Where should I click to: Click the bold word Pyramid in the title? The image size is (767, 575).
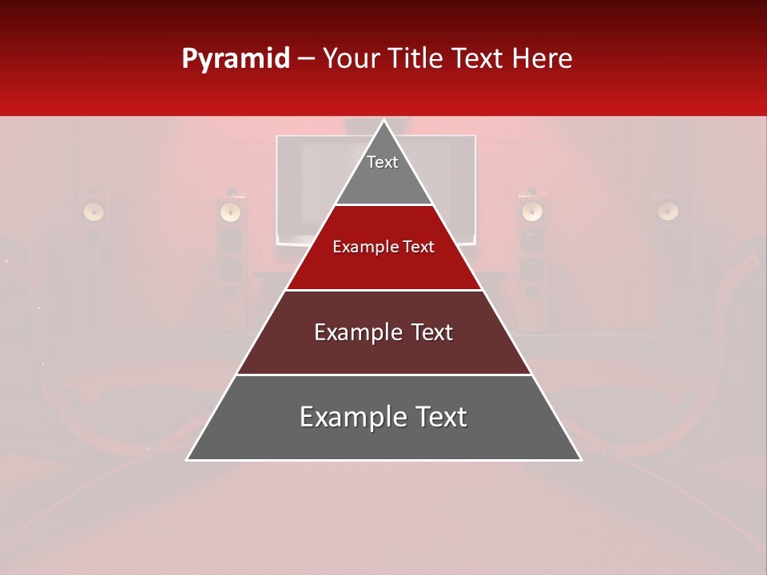coord(236,59)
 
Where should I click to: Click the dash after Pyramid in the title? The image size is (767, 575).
coord(305,59)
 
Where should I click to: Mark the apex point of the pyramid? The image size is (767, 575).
coord(383,121)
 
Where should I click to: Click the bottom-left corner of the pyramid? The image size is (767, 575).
coord(188,459)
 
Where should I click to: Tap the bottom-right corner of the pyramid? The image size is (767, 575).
coord(580,459)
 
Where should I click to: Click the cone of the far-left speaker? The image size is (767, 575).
coord(94,211)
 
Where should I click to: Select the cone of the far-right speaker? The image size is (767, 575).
coord(668,211)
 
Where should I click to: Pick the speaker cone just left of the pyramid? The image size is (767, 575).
coord(230,211)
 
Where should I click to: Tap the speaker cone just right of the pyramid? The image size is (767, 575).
coord(531,211)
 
